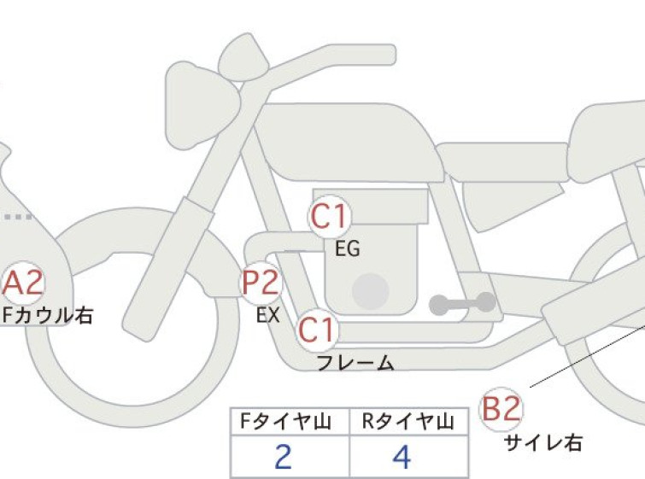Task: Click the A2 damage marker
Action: [x=22, y=283]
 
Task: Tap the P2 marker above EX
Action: [x=261, y=283]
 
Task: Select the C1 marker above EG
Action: [x=330, y=216]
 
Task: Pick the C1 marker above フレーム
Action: [x=318, y=330]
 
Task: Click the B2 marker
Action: [x=501, y=409]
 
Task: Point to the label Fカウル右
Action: [x=48, y=316]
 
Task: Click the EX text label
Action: [x=268, y=315]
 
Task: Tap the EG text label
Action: [x=348, y=248]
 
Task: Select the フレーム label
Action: [x=356, y=363]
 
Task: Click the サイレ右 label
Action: [x=543, y=443]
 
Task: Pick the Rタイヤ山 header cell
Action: [x=408, y=422]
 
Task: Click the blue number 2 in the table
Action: [x=283, y=457]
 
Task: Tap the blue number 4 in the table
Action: [x=402, y=457]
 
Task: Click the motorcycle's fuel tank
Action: [x=349, y=142]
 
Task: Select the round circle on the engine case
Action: [x=371, y=291]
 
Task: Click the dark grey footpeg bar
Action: [x=462, y=303]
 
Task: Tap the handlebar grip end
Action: [x=389, y=55]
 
